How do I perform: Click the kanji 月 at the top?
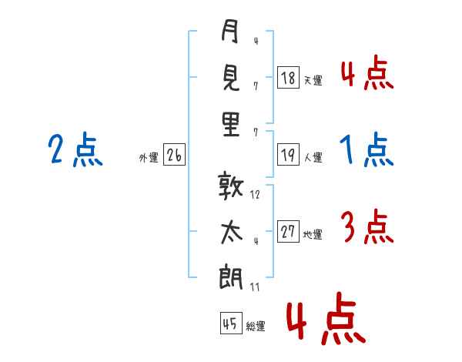[x=229, y=32]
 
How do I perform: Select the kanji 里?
[x=230, y=125]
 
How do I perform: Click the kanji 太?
[x=230, y=232]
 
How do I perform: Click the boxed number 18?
[x=288, y=78]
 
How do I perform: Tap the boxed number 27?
[x=288, y=232]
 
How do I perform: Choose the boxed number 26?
[x=174, y=156]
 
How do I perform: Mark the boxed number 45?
[x=230, y=323]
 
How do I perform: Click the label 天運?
[x=312, y=80]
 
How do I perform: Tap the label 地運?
[x=312, y=234]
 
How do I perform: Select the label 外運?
[x=148, y=158]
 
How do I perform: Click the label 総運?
[x=255, y=326]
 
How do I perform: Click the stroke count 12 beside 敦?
[x=255, y=195]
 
